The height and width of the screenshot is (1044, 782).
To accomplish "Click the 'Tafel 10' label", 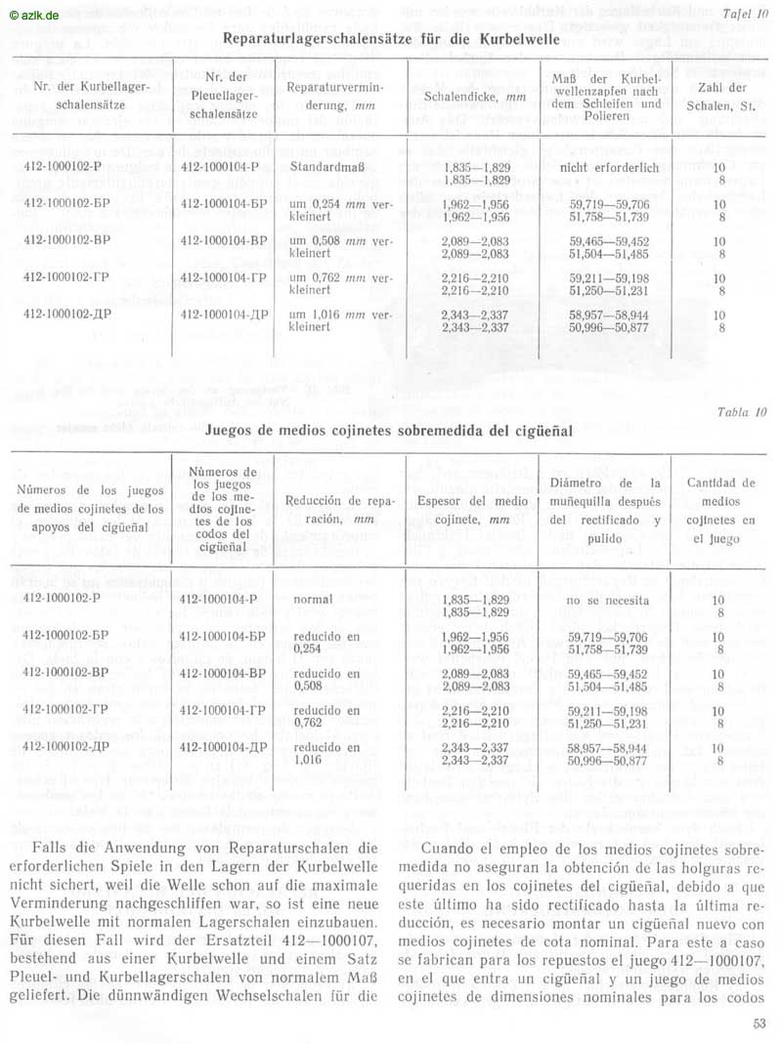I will tap(747, 14).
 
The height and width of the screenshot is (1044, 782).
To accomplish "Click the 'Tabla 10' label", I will tap(744, 411).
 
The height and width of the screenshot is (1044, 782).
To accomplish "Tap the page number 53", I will tap(760, 1024).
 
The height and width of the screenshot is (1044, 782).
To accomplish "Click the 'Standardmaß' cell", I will tap(324, 167).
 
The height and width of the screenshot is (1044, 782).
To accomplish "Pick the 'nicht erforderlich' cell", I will tap(609, 167).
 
